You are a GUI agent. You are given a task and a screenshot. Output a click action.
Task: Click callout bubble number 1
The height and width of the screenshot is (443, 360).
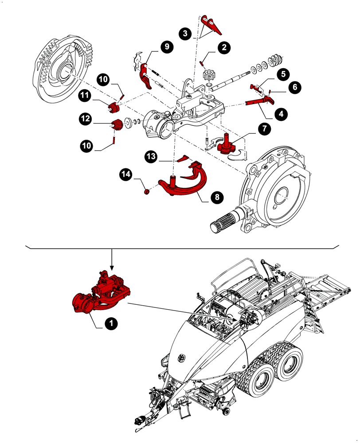pos(110,324)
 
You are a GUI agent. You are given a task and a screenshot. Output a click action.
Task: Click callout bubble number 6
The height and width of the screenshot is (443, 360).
pos(293,87)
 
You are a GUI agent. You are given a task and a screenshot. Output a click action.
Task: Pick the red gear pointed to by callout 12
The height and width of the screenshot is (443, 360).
pos(117,125)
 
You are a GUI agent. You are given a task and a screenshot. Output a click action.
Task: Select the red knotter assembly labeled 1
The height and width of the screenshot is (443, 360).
pos(101,295)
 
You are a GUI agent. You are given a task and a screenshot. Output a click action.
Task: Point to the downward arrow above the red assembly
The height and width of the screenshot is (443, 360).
pos(112,261)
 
